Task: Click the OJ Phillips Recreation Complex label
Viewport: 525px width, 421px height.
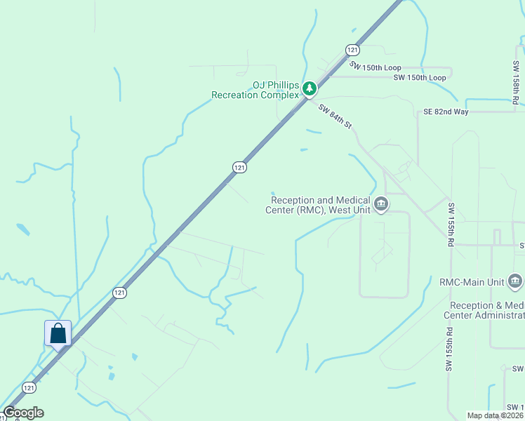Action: pos(255,89)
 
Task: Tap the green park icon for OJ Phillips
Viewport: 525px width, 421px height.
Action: pos(310,88)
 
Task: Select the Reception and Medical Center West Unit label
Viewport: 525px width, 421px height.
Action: pos(321,205)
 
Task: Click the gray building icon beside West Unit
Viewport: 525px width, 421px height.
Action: pos(380,205)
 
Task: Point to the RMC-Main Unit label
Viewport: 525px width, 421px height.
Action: pos(472,282)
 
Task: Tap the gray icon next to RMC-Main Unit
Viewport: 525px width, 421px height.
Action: pos(514,282)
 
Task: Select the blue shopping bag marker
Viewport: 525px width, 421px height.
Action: pos(58,333)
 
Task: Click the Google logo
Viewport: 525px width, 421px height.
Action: pos(23,413)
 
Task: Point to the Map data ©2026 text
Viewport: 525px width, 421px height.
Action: pos(495,415)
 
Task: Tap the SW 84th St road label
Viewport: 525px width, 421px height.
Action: pos(334,116)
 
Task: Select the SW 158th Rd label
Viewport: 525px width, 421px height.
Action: pos(516,83)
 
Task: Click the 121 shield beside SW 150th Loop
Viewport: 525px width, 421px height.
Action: pos(352,50)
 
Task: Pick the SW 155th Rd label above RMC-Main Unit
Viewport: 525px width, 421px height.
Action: pos(449,225)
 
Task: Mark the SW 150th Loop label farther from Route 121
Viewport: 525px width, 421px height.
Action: pos(419,77)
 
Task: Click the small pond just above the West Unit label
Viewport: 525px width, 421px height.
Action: pos(274,195)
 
